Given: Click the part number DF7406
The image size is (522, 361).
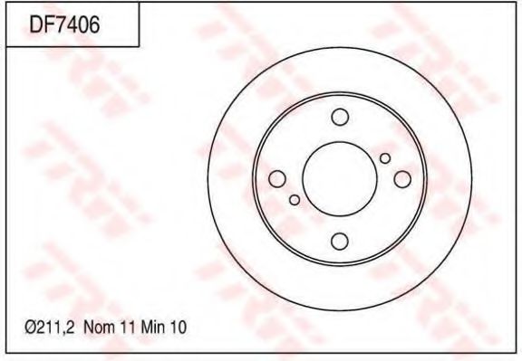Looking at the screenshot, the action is tap(64, 24).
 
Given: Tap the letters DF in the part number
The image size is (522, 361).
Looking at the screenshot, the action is tap(42, 24).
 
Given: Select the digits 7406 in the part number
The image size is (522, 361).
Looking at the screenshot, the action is tap(77, 24).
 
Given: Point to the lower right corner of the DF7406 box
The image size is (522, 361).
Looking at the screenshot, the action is tap(139, 46).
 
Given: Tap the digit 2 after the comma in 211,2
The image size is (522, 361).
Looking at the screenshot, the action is tap(72, 328).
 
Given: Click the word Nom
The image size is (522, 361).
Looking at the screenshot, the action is tap(100, 328).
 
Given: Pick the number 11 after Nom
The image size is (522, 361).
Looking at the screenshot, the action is tap(128, 328).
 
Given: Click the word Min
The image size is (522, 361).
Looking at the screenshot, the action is tap(153, 328).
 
